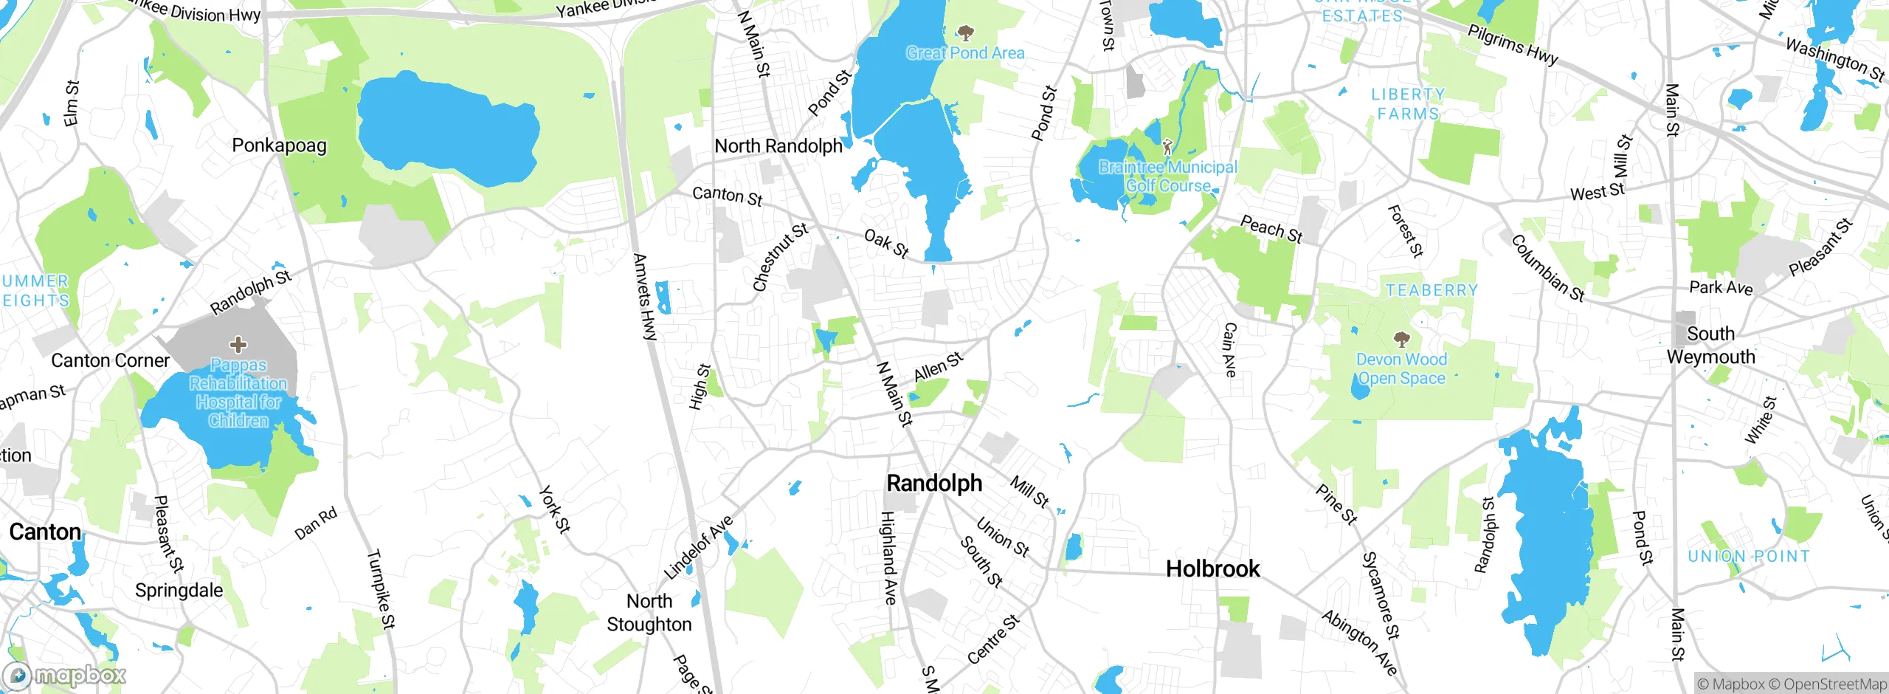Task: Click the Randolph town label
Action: tap(934, 484)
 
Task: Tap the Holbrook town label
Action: tap(1213, 569)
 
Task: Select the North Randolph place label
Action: tap(778, 146)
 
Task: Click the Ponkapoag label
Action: tap(279, 145)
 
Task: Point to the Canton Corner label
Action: tap(111, 361)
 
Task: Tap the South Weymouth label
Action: tap(1710, 346)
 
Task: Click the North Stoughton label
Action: tap(649, 613)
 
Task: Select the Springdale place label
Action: tap(179, 591)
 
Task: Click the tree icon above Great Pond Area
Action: tap(965, 32)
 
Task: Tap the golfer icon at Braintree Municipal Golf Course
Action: tap(1167, 146)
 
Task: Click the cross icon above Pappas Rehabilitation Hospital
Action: tap(238, 344)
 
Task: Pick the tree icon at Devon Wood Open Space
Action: tap(1401, 340)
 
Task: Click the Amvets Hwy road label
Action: tap(644, 297)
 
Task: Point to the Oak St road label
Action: tap(885, 244)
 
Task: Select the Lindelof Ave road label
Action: tap(698, 548)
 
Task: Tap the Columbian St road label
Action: tap(1547, 269)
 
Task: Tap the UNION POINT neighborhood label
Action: tap(1749, 557)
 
